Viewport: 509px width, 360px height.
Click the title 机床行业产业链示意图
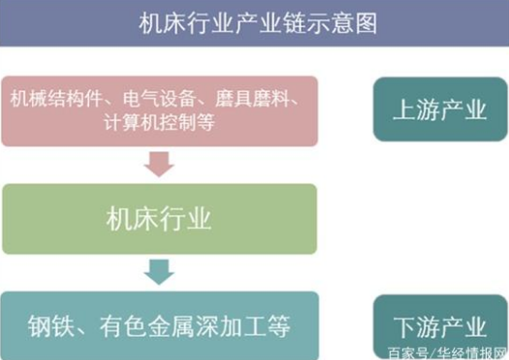254,21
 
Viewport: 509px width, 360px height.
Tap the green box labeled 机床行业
159,219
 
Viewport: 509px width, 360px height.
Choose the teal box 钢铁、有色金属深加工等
159,323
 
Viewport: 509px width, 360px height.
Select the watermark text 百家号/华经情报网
446,351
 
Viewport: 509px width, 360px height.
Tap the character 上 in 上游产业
402,109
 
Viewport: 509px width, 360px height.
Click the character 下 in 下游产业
402,324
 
